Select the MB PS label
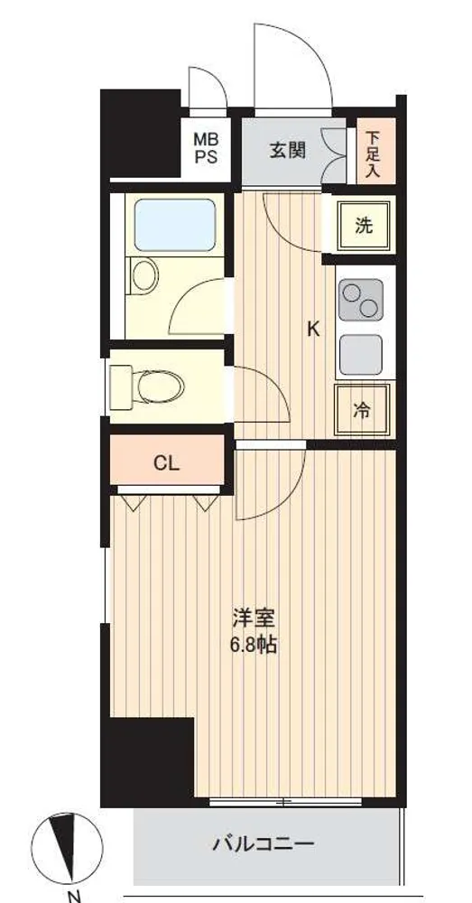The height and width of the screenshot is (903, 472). (206, 148)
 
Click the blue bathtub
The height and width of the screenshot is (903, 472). (175, 225)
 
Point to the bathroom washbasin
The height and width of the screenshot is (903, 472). (144, 275)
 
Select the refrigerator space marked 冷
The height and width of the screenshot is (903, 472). (363, 409)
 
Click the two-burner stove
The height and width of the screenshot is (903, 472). (361, 300)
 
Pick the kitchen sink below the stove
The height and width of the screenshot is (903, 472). (361, 355)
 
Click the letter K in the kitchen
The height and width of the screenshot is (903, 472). (313, 329)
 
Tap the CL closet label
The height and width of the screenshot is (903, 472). (166, 462)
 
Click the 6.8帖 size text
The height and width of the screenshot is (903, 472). (254, 645)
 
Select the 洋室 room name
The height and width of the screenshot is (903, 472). (254, 619)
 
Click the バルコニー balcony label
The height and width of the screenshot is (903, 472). (264, 844)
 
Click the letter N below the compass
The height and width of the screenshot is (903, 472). (74, 896)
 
